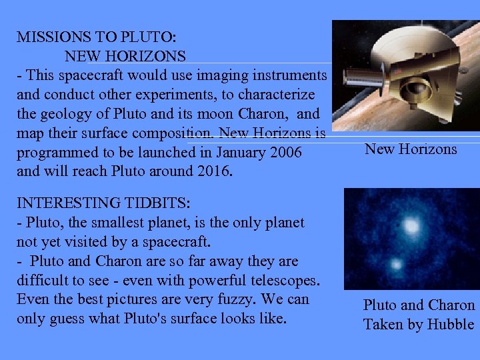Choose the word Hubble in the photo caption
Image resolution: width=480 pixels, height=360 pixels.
(452, 325)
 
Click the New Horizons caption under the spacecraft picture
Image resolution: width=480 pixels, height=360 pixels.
(411, 149)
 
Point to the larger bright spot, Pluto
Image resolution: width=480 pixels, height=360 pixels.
(411, 227)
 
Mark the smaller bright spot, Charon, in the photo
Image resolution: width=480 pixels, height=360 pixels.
(397, 265)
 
